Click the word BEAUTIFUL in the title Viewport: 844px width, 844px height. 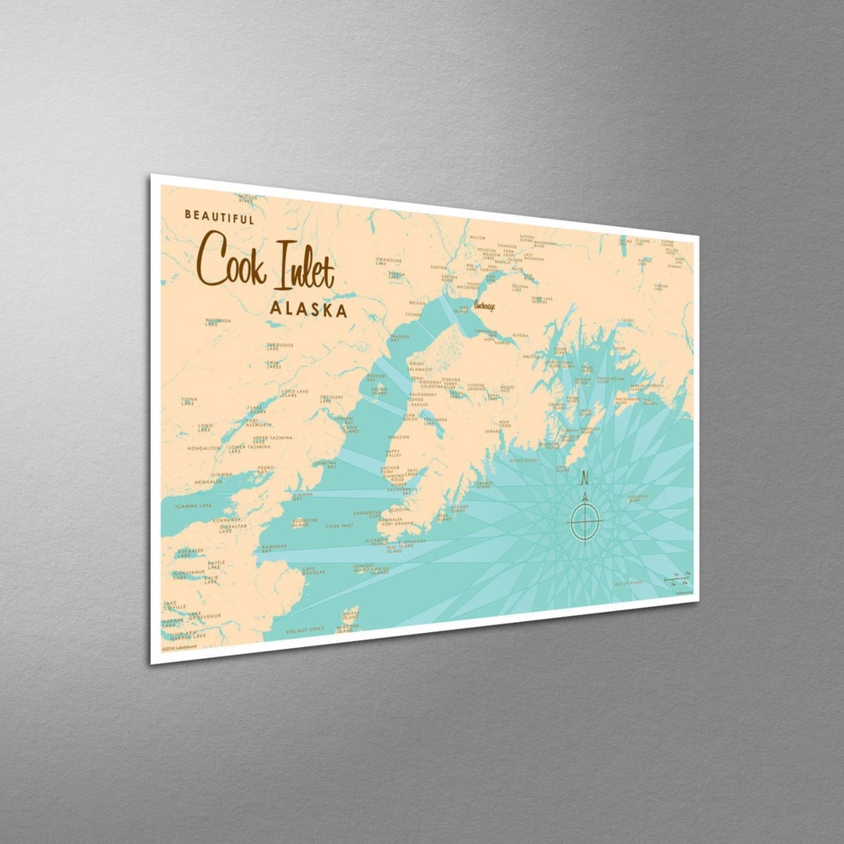pos(219,216)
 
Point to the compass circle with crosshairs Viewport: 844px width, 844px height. pos(585,520)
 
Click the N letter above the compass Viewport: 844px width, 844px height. pos(585,478)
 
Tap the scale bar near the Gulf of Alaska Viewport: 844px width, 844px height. pos(677,579)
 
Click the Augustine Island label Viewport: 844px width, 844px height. pos(303,521)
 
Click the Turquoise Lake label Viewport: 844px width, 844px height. pos(279,346)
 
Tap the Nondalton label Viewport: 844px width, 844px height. pos(202,449)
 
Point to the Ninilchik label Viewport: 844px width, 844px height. pos(398,437)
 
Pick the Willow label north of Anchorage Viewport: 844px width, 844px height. pos(477,237)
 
